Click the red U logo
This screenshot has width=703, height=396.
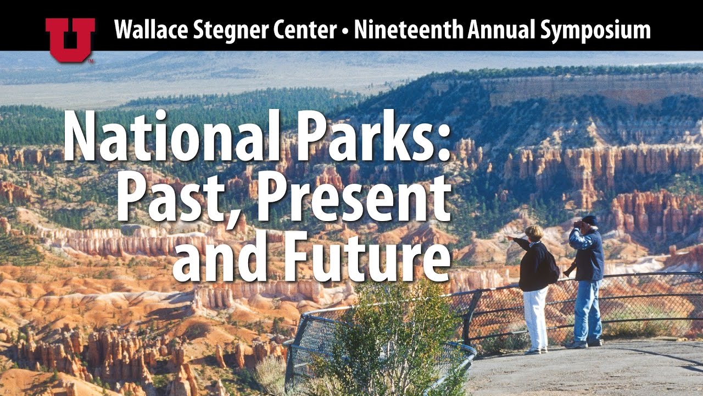click(70, 39)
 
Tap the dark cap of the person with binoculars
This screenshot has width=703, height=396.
click(590, 220)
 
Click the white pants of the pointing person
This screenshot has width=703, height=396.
click(535, 319)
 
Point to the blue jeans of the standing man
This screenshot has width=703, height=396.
click(586, 311)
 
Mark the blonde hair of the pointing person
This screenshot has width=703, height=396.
click(534, 232)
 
